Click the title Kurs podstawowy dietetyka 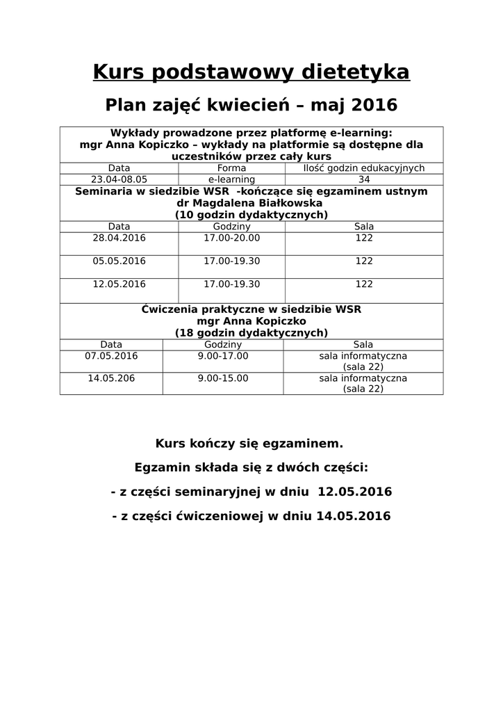[251, 72]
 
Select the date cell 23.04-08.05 [119, 179]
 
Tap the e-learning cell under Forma [231, 179]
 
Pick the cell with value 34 [364, 179]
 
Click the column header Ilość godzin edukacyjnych [364, 168]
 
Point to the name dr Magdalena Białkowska [251, 203]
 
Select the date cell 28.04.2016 [119, 238]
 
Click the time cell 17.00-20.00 [231, 238]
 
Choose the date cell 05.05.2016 [119, 261]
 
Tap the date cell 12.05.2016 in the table [119, 284]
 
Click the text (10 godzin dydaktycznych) [251, 215]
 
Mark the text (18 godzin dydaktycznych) [251, 333]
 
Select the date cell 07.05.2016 [111, 356]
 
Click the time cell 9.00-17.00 [222, 356]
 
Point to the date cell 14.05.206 [111, 379]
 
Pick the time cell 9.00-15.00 [222, 379]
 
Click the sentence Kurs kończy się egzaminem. [249, 443]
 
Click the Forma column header [231, 168]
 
